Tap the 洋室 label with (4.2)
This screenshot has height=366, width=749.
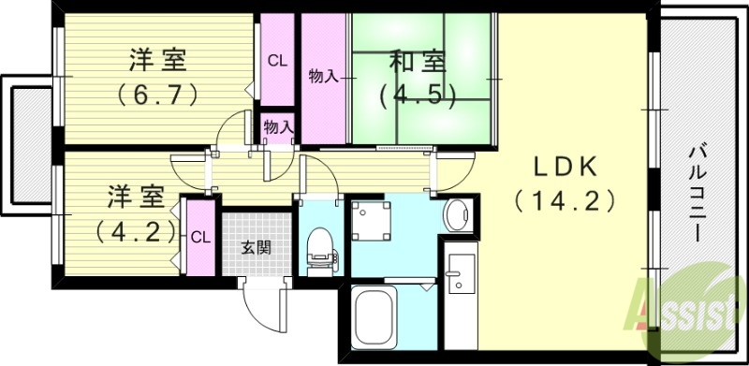[x=136, y=198]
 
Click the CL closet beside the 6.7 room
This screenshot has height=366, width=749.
[x=276, y=62]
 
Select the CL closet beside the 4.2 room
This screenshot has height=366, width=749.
[x=199, y=237]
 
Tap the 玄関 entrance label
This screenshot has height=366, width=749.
[x=256, y=248]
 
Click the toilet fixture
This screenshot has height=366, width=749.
[x=318, y=248]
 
